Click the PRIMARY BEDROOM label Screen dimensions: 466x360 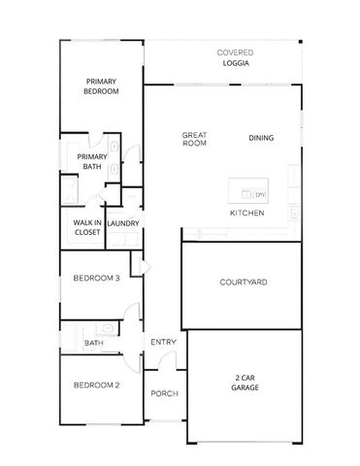point(102,86)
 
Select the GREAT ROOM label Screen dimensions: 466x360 point(195,140)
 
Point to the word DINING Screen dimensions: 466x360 point(261,138)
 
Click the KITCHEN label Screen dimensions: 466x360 point(246,212)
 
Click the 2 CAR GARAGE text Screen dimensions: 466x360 point(245,383)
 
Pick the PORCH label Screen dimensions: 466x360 point(163,393)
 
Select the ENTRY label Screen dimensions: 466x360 point(162,342)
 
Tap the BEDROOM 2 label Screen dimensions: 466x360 point(97,385)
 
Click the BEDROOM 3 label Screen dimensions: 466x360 point(97,279)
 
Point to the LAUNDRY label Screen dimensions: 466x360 point(123,224)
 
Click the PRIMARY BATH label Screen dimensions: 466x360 point(92,161)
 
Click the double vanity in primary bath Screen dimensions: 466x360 point(115,160)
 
